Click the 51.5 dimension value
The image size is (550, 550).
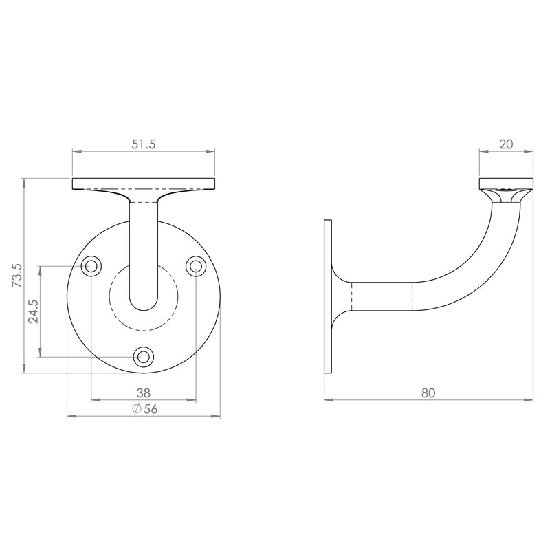(144, 144)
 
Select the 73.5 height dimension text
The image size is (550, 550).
(17, 276)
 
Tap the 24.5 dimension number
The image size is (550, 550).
(34, 311)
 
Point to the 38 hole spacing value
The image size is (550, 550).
(144, 393)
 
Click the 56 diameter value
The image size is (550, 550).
(151, 409)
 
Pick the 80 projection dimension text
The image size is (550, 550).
(428, 393)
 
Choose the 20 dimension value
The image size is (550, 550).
(506, 144)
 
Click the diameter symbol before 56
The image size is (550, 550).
(137, 409)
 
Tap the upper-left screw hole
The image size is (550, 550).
(91, 266)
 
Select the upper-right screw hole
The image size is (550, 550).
(196, 266)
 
